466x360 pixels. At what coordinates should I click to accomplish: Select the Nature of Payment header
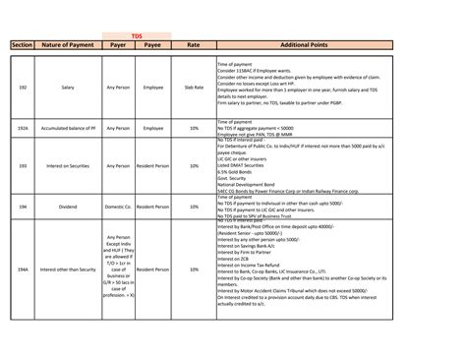click(x=68, y=44)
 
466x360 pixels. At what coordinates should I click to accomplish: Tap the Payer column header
click(x=118, y=44)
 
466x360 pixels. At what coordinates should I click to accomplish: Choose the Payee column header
click(x=152, y=44)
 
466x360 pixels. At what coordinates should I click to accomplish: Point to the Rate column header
click(x=194, y=44)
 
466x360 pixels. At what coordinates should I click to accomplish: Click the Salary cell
click(x=68, y=87)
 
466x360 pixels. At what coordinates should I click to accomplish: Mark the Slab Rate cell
click(x=194, y=87)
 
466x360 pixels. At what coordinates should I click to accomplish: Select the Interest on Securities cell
click(x=68, y=166)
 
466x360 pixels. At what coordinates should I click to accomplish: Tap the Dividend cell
click(x=68, y=208)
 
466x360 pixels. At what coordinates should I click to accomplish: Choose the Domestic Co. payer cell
click(x=118, y=208)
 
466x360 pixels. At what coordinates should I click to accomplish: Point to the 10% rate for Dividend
click(x=194, y=208)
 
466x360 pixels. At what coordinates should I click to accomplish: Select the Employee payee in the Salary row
click(x=152, y=87)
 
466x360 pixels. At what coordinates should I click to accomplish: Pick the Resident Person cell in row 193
click(x=152, y=166)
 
